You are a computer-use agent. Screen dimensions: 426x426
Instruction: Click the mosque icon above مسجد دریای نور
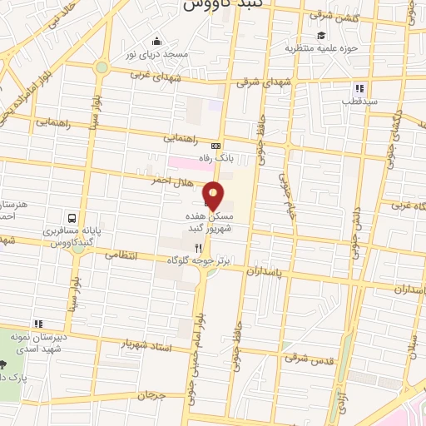156,42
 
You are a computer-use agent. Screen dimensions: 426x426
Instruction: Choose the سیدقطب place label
359,100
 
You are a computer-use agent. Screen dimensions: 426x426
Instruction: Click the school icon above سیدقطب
359,88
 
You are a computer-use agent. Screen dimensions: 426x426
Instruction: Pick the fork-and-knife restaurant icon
198,248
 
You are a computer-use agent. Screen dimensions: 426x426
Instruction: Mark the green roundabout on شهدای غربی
102,67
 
